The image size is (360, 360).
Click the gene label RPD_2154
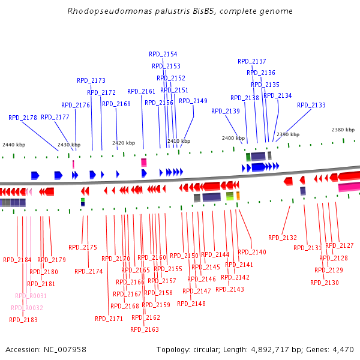click(163, 54)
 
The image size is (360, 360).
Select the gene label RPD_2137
click(251, 61)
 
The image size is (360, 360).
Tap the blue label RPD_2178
click(23, 118)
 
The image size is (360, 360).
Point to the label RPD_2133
click(311, 105)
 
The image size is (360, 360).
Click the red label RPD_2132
click(283, 238)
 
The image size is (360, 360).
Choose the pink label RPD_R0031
click(31, 296)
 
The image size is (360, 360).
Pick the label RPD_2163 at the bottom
click(145, 329)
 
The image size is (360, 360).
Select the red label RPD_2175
click(83, 247)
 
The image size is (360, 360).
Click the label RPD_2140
click(252, 252)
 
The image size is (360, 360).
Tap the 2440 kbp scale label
click(14, 145)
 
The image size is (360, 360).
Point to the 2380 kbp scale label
click(343, 130)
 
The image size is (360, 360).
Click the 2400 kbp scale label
click(233, 138)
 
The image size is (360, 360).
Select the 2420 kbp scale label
click(123, 143)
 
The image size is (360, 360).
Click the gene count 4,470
click(341, 350)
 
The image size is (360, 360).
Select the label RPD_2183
click(23, 320)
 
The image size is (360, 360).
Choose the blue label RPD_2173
click(91, 80)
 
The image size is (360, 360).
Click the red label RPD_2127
click(340, 245)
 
